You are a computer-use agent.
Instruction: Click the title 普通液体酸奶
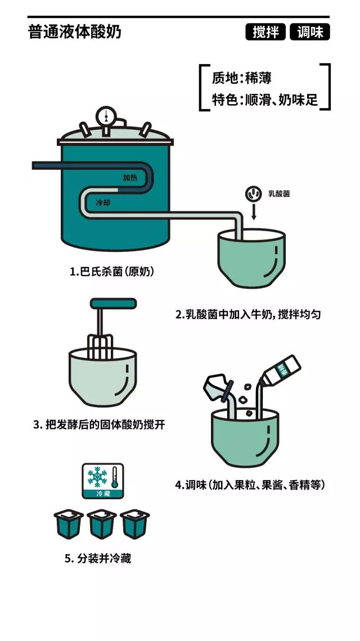point(75,32)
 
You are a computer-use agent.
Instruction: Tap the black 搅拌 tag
point(265,32)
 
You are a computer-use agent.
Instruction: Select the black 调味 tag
point(310,32)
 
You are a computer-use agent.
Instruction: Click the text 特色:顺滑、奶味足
point(265,99)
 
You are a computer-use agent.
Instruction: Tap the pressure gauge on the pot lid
point(106,116)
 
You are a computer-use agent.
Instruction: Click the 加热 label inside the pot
point(130,178)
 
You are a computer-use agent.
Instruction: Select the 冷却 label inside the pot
point(103,202)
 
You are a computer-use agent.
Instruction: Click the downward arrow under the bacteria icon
point(254,212)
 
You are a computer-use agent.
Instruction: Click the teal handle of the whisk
point(113,303)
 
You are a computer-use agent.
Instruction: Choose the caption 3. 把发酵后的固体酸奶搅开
point(99,425)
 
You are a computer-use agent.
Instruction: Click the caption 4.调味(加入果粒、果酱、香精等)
point(250,485)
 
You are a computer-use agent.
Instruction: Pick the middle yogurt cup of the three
point(102,524)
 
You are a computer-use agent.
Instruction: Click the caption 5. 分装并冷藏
point(98,558)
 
